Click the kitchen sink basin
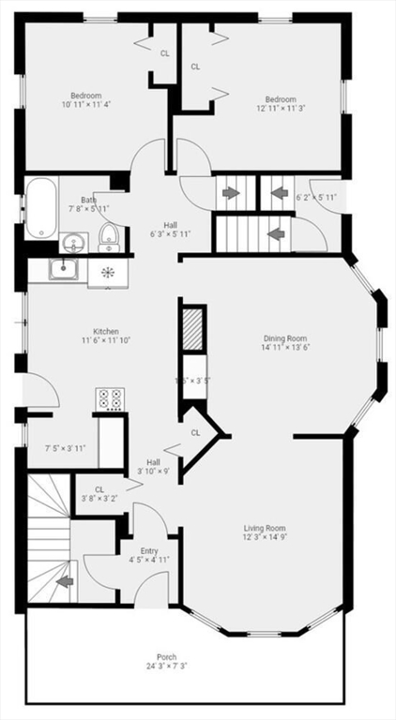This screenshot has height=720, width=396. [x=63, y=271]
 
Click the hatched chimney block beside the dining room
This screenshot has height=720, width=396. [x=192, y=329]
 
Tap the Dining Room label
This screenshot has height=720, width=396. [x=283, y=338]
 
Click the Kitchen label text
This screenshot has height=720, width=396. [x=105, y=331]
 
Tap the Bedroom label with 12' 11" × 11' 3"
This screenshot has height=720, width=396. [x=280, y=99]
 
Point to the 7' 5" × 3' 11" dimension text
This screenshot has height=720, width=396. [x=66, y=448]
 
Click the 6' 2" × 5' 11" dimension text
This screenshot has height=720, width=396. [x=315, y=198]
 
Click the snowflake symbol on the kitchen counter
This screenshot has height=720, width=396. [x=107, y=272]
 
